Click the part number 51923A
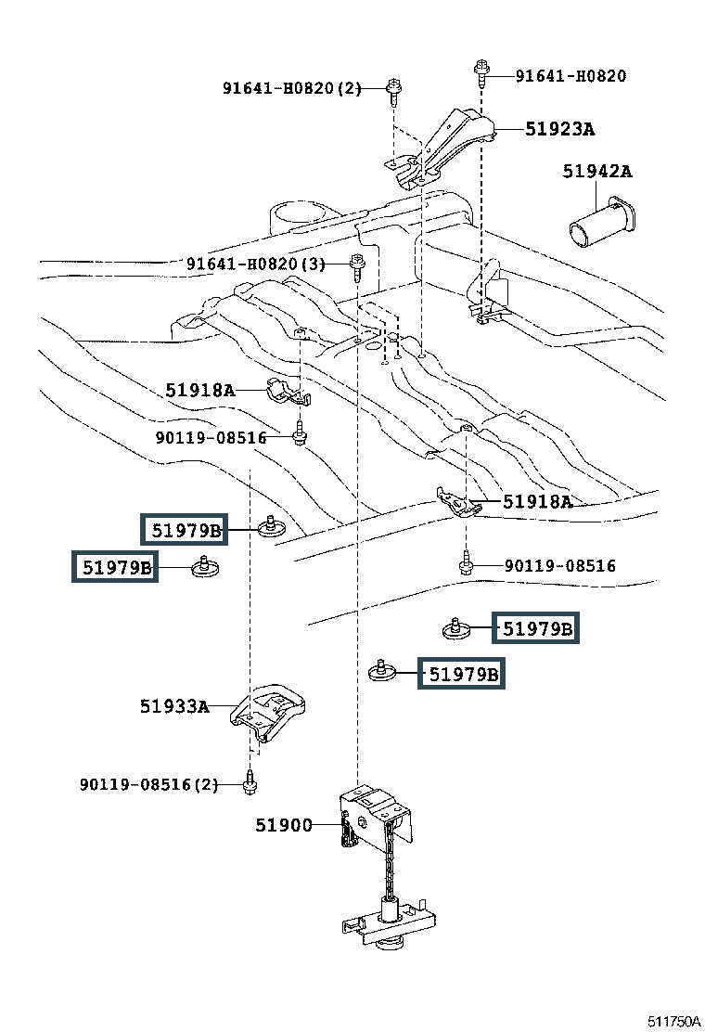click(559, 129)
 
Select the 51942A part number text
click(596, 171)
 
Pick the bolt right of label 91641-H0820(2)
click(394, 89)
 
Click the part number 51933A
click(174, 706)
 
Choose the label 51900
click(284, 824)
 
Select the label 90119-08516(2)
click(148, 785)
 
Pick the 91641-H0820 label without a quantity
click(570, 76)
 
